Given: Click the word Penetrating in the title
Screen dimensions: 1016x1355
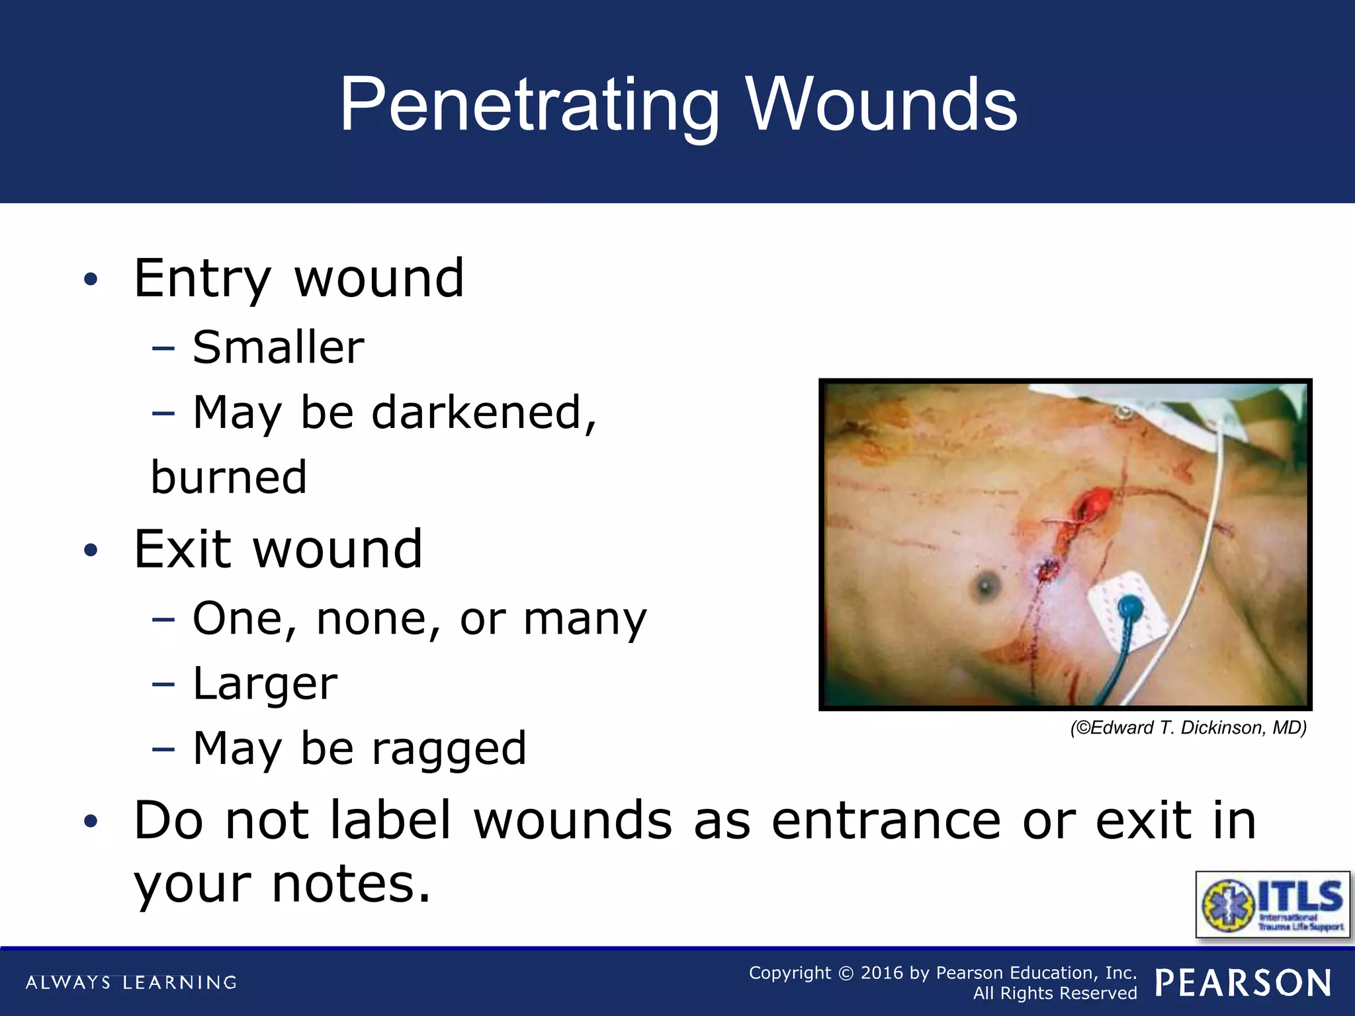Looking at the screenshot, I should [x=529, y=106].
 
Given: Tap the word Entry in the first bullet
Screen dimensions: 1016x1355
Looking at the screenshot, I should [x=202, y=279].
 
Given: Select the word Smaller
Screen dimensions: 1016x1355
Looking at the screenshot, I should [x=279, y=347].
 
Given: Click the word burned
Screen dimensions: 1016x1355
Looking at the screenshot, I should [x=229, y=477].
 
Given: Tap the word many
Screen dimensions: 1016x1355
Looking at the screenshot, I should [x=585, y=620].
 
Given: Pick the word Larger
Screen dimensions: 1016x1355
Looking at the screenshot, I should [x=265, y=684].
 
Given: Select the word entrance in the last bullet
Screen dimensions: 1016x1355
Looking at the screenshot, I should [x=887, y=821].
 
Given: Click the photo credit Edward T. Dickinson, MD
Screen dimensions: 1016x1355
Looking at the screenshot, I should [x=1188, y=728].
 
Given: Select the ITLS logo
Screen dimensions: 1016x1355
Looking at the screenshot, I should [x=1273, y=904].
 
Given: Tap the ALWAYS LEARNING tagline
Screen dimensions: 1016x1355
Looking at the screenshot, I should [x=131, y=983].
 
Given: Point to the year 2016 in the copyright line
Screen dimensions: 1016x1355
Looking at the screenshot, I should [x=881, y=973].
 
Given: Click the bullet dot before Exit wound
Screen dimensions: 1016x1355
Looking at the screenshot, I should [x=91, y=550].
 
